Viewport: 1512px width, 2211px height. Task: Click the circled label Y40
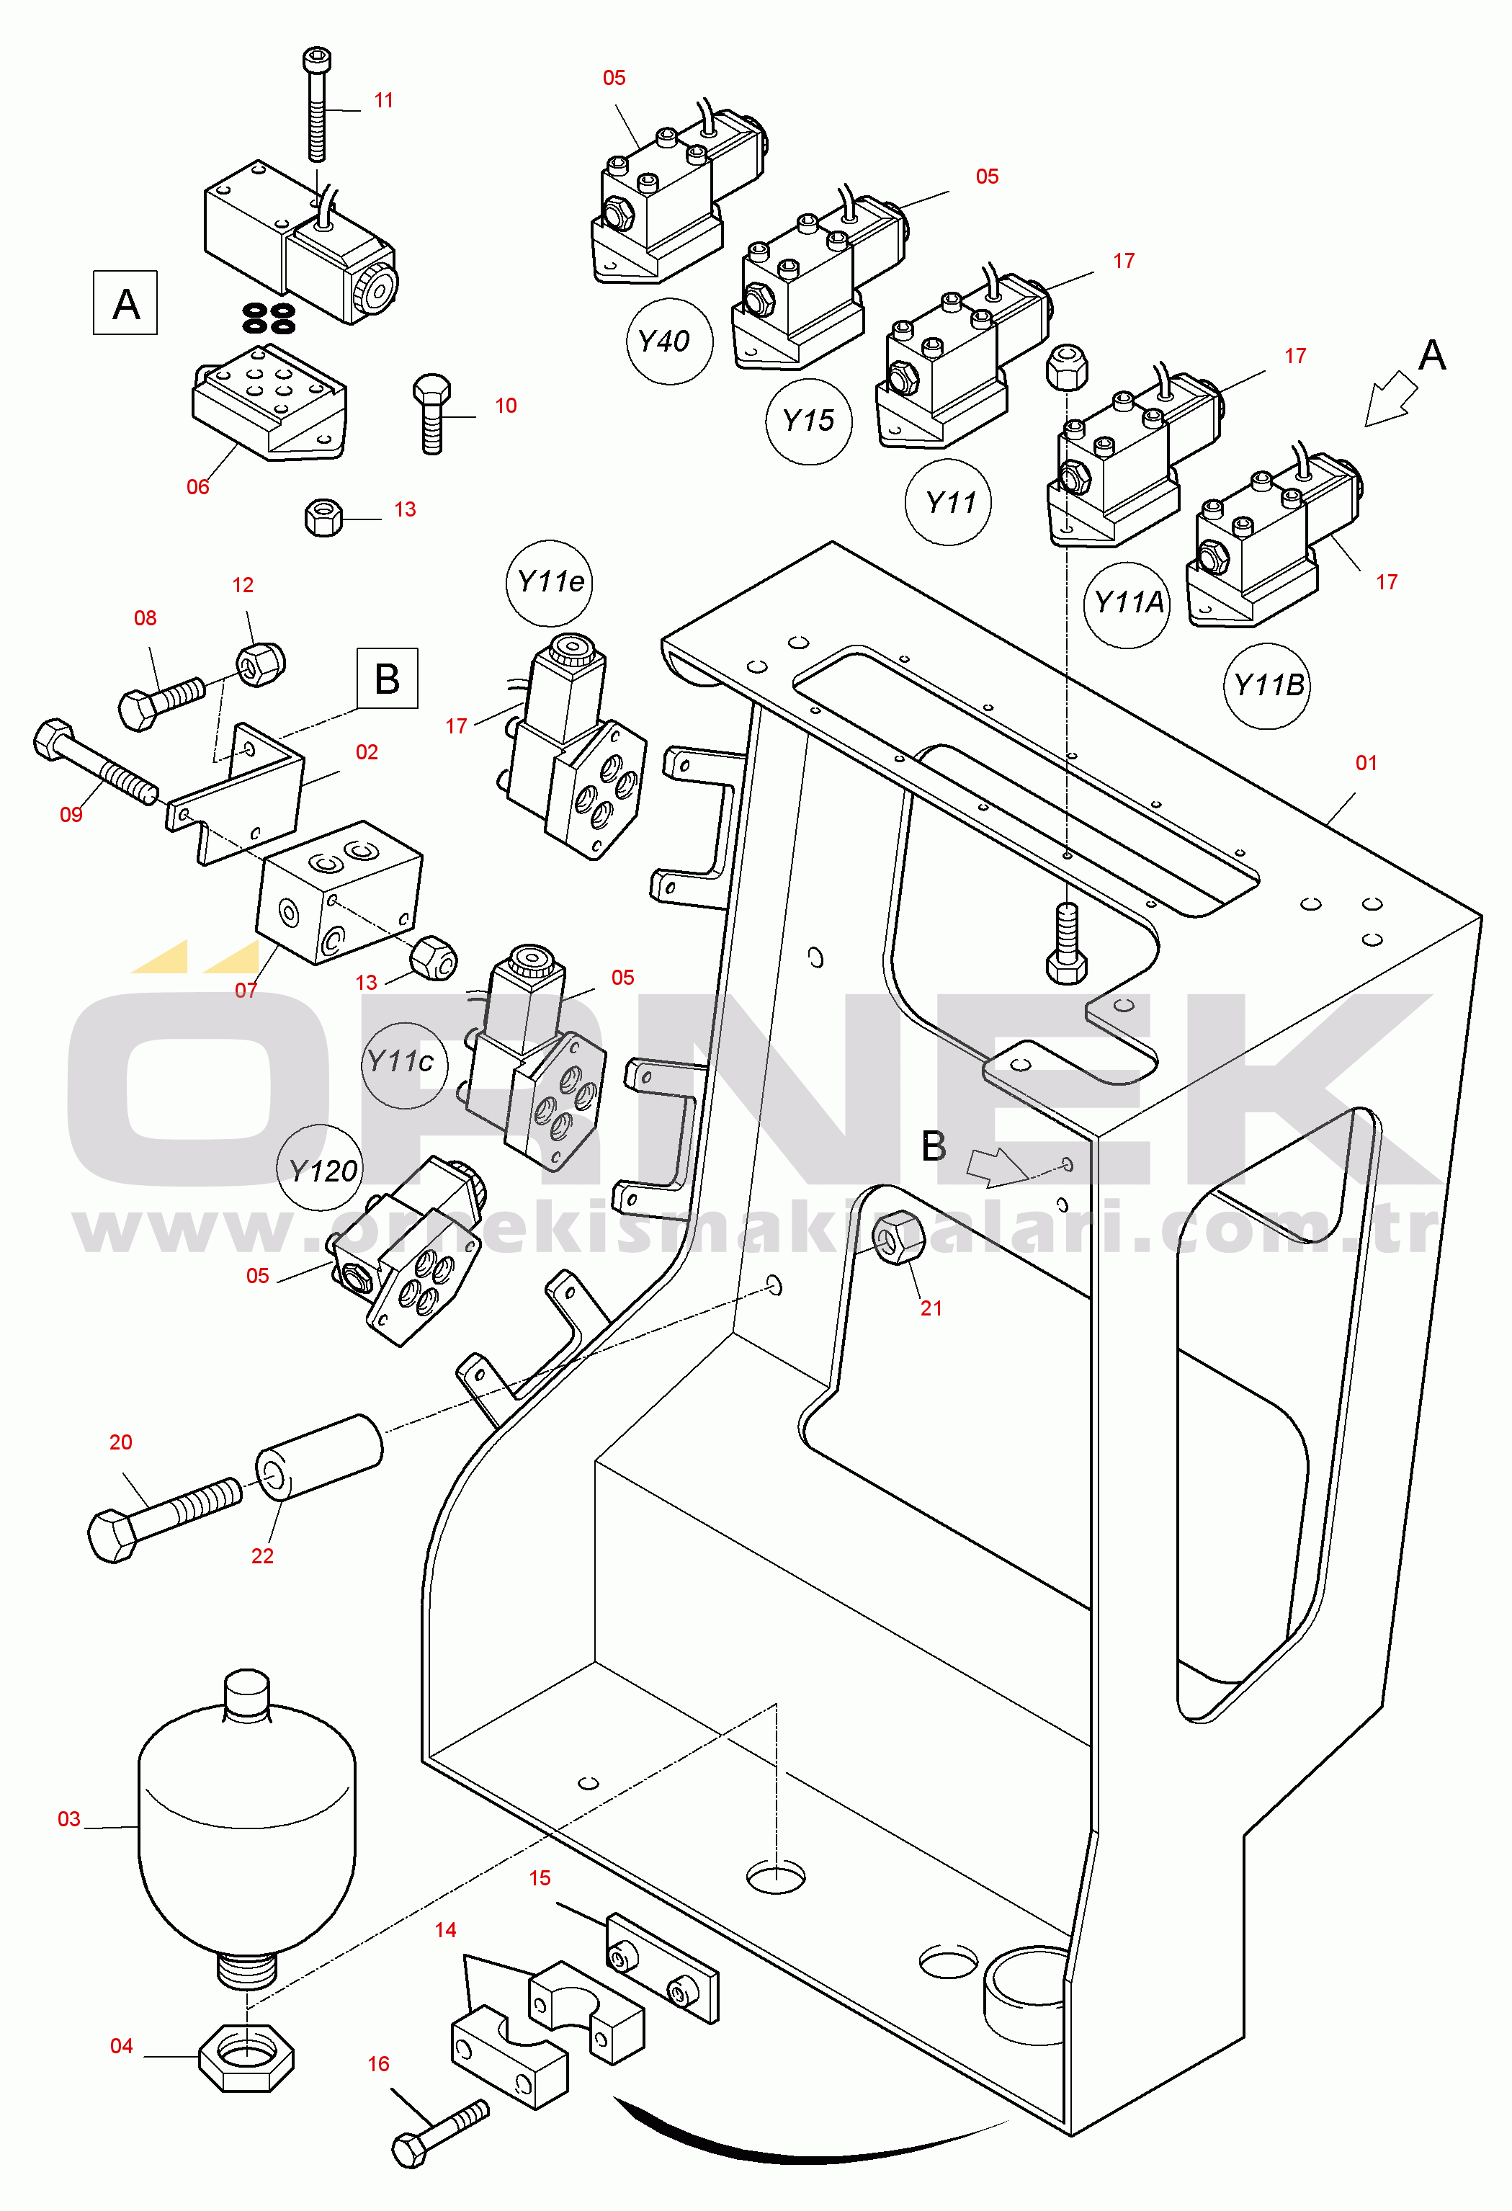(669, 341)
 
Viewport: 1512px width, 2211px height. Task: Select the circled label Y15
(808, 421)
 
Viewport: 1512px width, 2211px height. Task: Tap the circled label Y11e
(549, 582)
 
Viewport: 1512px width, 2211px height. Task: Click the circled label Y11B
(1266, 685)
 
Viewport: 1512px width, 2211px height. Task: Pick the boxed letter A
(125, 303)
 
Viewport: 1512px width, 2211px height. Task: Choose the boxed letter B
(388, 679)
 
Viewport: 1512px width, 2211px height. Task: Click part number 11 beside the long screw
(383, 101)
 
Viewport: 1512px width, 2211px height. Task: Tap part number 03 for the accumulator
(68, 1819)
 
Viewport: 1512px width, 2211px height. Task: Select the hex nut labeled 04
(246, 2058)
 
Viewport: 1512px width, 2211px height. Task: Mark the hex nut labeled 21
(898, 1238)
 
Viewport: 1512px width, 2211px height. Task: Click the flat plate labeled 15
(661, 1965)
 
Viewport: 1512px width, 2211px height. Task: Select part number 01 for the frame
(1366, 763)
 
